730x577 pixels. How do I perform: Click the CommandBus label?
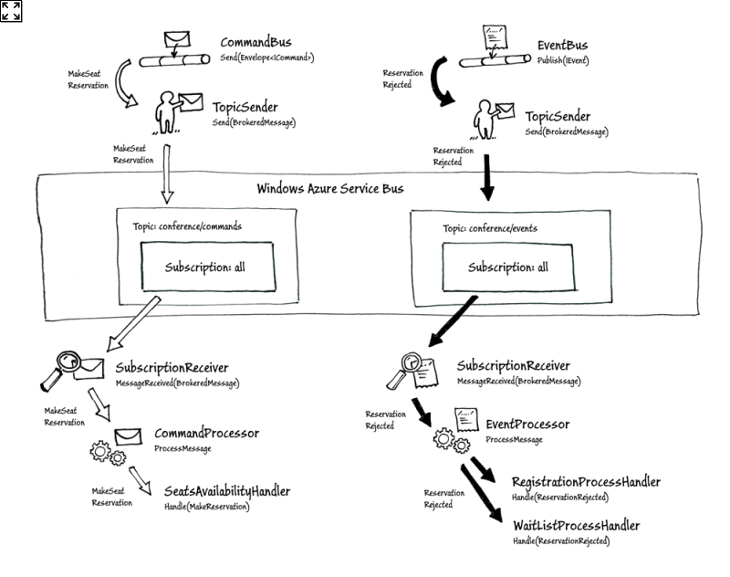coord(255,43)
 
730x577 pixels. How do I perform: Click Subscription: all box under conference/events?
coord(508,268)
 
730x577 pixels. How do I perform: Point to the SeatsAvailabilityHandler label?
coord(226,491)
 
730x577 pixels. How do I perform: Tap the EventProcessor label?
coord(527,425)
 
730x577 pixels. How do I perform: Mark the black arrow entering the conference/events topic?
coord(486,180)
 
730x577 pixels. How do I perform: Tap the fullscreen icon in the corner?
coord(11,11)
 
